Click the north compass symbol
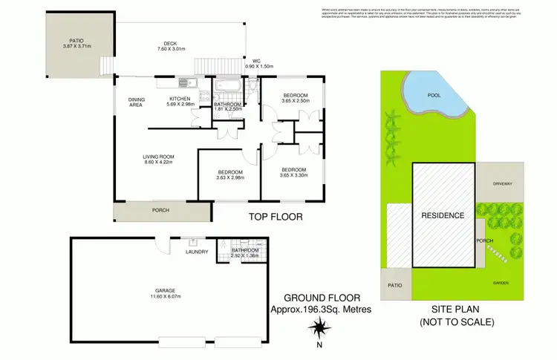(319, 327)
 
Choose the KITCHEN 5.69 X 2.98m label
(181, 102)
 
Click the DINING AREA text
(135, 102)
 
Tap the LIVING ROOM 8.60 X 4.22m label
(158, 160)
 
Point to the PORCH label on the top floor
(160, 210)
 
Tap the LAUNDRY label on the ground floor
(197, 252)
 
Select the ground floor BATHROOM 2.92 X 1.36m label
(244, 253)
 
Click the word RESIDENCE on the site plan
(443, 215)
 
